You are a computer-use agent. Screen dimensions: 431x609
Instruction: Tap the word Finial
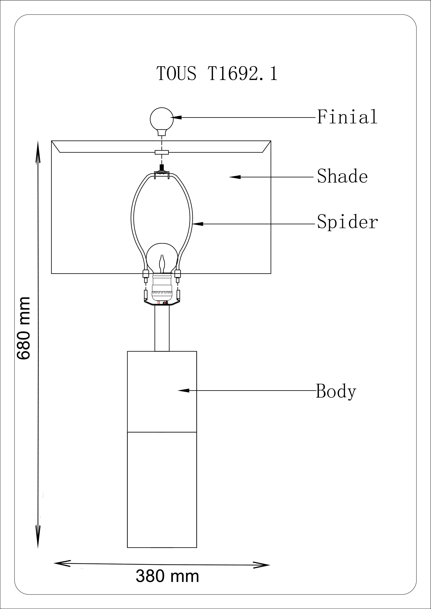347,117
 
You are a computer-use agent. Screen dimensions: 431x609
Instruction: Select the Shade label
342,176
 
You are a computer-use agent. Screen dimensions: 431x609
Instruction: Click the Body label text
336,391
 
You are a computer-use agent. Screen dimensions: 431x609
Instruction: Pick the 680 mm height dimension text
24,328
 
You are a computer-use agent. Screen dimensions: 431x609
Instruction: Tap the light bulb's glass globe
162,258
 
